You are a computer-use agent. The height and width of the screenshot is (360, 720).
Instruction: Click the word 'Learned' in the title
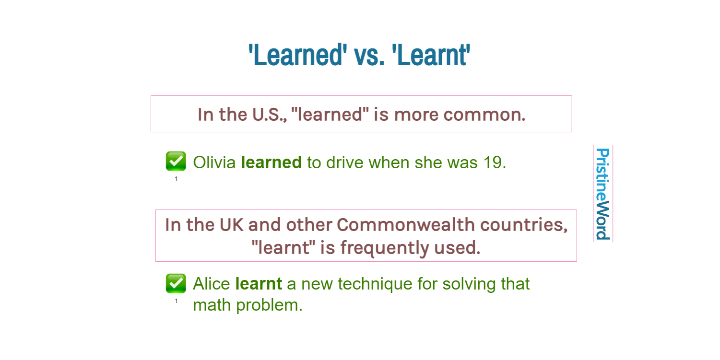pos(298,55)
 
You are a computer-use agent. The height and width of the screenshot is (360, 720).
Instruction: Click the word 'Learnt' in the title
pos(431,55)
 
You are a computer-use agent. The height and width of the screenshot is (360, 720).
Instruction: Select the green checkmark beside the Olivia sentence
pos(176,161)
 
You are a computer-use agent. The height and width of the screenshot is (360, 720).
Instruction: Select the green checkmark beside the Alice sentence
pos(176,283)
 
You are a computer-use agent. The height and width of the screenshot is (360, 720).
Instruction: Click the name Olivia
pos(214,163)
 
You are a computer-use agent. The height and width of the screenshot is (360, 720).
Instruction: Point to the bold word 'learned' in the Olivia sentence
pos(271,163)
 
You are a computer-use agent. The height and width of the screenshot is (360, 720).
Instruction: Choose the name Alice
pos(212,284)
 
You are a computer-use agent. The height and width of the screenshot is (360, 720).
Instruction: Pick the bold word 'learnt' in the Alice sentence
pos(259,284)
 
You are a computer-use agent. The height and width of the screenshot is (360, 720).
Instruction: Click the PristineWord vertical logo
pos(602,194)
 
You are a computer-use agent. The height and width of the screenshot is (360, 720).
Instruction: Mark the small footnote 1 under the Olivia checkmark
pos(176,179)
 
